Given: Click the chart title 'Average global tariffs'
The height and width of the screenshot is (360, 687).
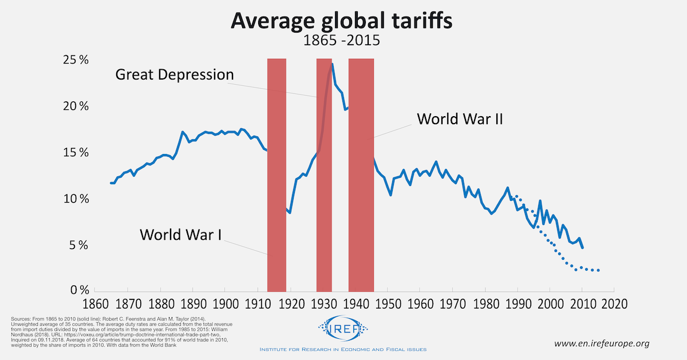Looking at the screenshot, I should tap(342, 21).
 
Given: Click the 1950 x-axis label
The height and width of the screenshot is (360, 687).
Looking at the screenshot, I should tap(387, 303).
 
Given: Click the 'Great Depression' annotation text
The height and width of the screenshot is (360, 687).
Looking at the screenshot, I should tap(175, 74).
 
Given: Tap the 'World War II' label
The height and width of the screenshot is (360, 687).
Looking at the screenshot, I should tap(460, 119).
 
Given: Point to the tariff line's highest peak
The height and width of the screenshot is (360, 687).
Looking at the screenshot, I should tap(333, 64).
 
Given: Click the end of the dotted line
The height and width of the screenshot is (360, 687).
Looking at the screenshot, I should tap(599, 270).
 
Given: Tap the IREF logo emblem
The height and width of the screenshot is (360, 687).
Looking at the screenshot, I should tap(343, 330).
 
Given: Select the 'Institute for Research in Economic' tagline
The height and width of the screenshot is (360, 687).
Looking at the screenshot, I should tap(343, 349).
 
